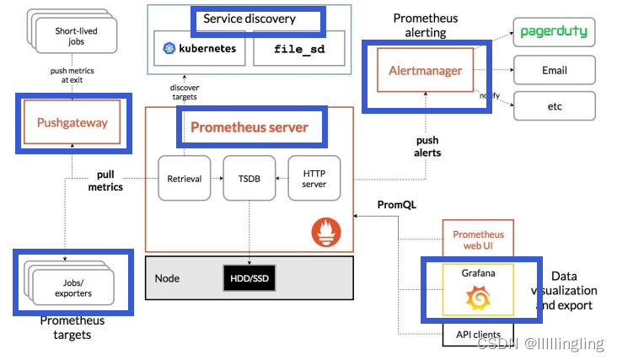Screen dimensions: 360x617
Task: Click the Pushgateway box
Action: click(x=72, y=123)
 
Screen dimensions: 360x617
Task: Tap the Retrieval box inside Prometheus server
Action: click(x=184, y=178)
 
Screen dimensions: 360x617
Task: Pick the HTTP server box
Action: click(x=314, y=178)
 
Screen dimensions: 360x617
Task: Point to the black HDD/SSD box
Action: click(x=249, y=278)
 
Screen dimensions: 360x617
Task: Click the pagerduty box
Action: click(x=554, y=32)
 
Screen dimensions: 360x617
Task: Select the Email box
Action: click(x=554, y=70)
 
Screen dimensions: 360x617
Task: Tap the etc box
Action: click(x=554, y=106)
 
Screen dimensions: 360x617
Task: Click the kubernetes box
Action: click(x=200, y=49)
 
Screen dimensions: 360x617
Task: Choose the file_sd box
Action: click(x=298, y=49)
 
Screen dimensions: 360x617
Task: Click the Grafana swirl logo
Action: click(x=478, y=298)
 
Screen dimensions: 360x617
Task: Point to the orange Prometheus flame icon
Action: click(x=325, y=232)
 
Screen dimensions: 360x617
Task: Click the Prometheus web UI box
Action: click(x=478, y=239)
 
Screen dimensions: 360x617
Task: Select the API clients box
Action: click(x=478, y=335)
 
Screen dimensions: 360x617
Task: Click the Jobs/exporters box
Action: click(x=72, y=288)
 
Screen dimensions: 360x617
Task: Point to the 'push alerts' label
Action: click(x=427, y=147)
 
